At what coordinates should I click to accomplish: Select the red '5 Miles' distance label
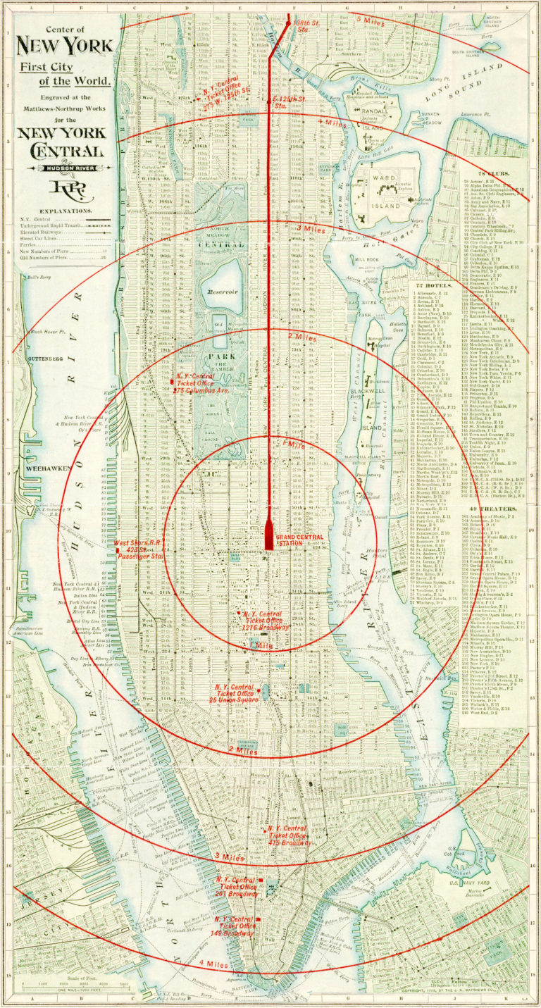pos(371,22)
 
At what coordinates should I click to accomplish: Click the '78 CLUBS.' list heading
pos(495,174)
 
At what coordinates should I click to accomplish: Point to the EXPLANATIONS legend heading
pos(65,211)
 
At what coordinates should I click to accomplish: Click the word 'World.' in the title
pos(89,81)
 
